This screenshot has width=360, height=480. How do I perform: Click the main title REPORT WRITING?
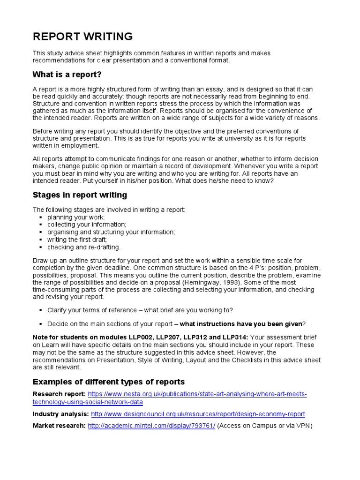(x=82, y=37)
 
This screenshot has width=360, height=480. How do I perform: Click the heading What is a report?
(x=67, y=75)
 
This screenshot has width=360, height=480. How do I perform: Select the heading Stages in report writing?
(x=80, y=195)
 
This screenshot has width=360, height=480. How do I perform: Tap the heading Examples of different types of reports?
(x=109, y=382)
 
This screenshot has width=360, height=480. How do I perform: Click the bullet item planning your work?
(x=76, y=217)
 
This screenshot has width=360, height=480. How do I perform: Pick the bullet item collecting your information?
(x=87, y=225)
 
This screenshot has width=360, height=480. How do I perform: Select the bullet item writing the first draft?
(x=77, y=240)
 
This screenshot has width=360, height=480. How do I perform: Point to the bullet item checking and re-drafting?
(x=84, y=247)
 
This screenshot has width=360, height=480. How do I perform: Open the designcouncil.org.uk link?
(x=198, y=414)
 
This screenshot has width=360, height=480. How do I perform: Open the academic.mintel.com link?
(x=151, y=426)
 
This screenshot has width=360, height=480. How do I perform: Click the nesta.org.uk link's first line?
(x=197, y=394)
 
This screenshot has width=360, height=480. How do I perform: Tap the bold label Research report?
(x=59, y=394)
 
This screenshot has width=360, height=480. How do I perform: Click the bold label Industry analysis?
(x=60, y=414)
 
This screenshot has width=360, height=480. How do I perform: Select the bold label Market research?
(x=59, y=426)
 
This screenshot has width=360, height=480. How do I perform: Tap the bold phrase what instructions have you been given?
(x=241, y=324)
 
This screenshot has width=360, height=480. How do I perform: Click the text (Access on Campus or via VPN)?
(x=265, y=426)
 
